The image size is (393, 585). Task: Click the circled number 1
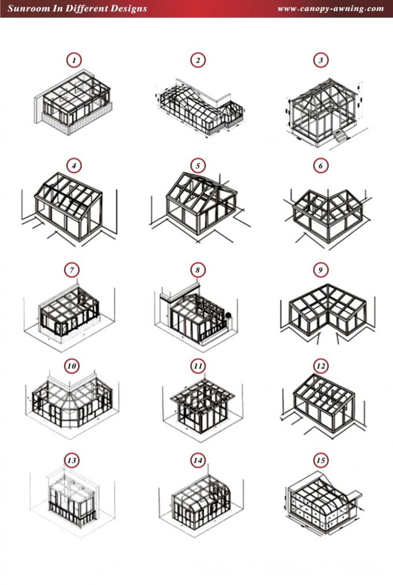tap(74, 60)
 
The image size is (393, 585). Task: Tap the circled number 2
tap(198, 60)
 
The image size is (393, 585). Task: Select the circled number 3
tap(321, 60)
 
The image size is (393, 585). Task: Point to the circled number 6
tap(321, 165)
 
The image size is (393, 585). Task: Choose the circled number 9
tap(321, 270)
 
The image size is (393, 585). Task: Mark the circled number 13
tap(72, 461)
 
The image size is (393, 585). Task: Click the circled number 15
tap(321, 461)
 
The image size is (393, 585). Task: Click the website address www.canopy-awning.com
tap(331, 9)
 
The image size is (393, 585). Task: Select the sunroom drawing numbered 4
tap(69, 207)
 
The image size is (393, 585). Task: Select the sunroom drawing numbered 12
tap(323, 405)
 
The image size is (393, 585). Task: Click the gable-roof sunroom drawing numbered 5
tap(201, 204)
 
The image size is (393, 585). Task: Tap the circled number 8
tap(198, 270)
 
